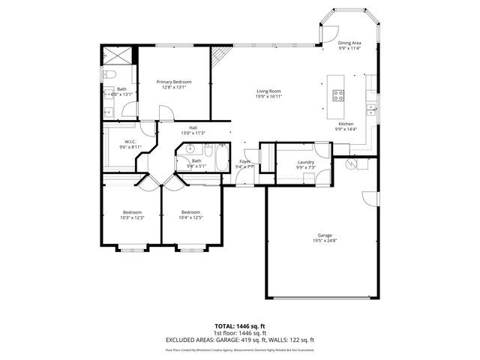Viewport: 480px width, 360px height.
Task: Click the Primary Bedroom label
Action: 173,82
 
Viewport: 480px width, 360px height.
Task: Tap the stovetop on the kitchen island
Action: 338,95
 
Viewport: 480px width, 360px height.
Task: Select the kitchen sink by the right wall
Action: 371,109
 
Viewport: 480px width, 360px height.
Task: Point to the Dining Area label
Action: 349,43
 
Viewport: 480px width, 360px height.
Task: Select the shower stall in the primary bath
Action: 117,55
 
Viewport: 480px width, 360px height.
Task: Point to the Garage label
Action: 324,235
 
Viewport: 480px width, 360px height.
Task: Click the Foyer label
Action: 244,161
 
